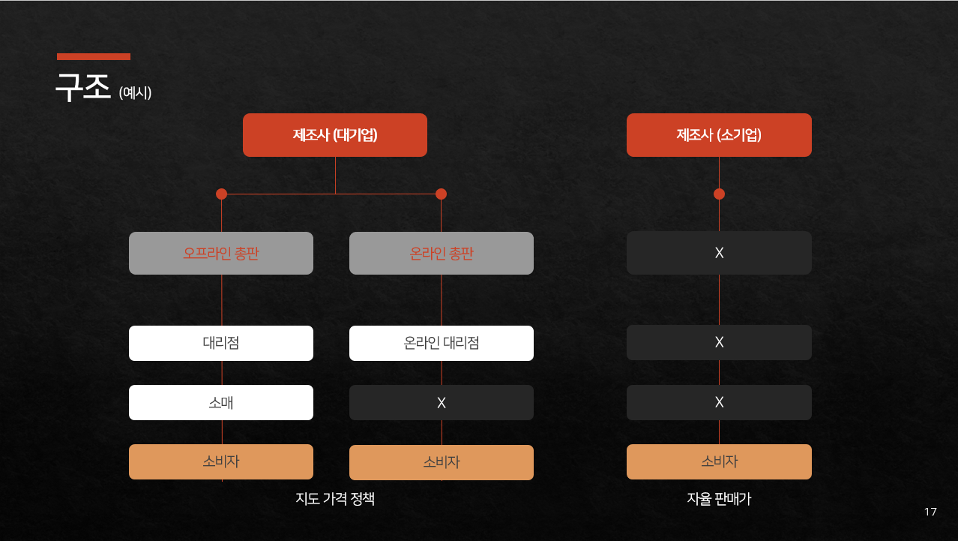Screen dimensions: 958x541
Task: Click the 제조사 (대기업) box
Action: point(335,135)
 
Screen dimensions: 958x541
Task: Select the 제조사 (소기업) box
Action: point(719,135)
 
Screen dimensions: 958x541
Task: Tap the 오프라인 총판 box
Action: point(221,253)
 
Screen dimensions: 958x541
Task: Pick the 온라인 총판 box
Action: point(442,253)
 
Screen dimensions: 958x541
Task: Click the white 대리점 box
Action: point(221,343)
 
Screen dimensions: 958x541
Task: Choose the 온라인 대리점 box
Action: point(442,343)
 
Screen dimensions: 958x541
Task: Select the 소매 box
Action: point(221,402)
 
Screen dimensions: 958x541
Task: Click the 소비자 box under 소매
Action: point(221,461)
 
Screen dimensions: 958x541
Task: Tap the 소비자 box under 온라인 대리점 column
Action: point(442,462)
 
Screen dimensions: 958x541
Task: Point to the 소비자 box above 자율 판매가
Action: point(719,461)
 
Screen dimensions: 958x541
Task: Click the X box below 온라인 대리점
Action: point(442,402)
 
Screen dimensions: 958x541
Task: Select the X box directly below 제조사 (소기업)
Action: point(719,253)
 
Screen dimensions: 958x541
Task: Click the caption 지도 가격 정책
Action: point(335,499)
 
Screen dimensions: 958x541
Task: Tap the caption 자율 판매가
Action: point(719,499)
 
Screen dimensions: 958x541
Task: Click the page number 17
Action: point(930,512)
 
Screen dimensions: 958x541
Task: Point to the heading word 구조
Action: point(83,88)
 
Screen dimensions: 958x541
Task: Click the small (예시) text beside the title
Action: point(135,93)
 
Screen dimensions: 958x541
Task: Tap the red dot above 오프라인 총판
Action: point(221,194)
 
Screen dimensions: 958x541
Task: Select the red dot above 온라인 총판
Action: point(441,194)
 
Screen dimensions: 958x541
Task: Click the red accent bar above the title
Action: point(94,56)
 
